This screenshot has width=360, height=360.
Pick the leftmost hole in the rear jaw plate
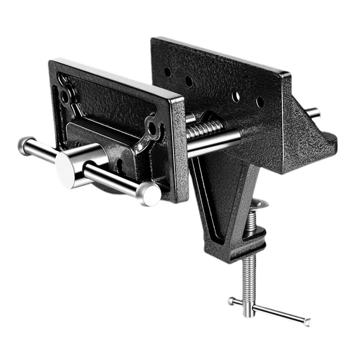click(168, 72)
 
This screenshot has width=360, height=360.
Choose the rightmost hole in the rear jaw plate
click(260, 102)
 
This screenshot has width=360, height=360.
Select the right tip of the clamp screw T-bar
click(308, 322)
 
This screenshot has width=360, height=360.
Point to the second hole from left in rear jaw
click(189, 81)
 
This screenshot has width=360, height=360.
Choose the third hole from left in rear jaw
click(236, 95)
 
